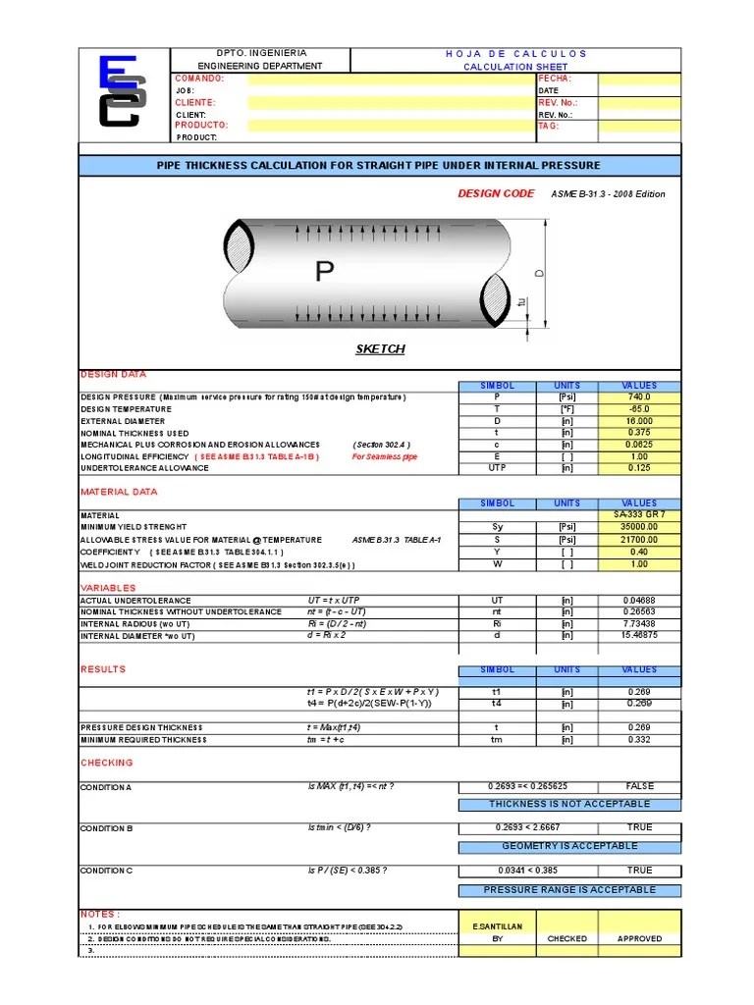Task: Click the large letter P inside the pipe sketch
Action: (324, 272)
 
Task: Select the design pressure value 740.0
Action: (639, 397)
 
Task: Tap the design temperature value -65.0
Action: (639, 409)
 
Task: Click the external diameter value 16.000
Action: (639, 421)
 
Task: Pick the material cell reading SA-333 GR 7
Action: (639, 514)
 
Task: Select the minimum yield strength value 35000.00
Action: (639, 527)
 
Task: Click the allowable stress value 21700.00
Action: (639, 540)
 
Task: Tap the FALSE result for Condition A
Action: (639, 786)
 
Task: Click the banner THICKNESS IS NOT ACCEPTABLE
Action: (569, 805)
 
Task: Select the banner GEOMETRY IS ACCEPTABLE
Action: (569, 846)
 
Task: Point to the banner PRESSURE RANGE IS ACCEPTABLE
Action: (569, 889)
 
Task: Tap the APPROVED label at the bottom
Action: (639, 939)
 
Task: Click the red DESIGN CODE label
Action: (496, 194)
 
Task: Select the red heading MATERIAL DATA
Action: (118, 492)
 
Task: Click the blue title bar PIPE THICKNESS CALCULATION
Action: (379, 166)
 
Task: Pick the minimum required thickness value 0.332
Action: (639, 740)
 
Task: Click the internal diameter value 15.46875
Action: (639, 636)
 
